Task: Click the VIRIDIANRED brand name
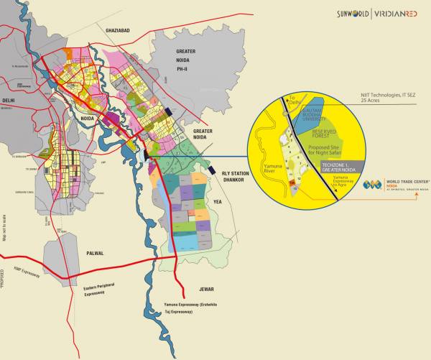[x=399, y=14]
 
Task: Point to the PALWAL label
[x=95, y=253]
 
